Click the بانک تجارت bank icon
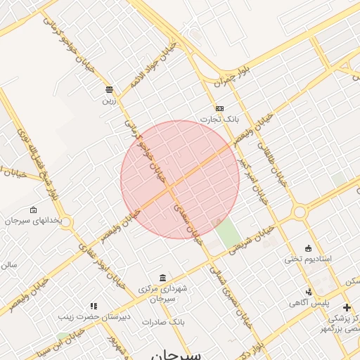pyautogui.click(x=220, y=108)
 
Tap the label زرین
pyautogui.click(x=109, y=100)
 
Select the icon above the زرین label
pyautogui.click(x=109, y=89)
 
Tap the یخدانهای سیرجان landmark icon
pyautogui.click(x=33, y=210)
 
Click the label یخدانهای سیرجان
pyautogui.click(x=33, y=221)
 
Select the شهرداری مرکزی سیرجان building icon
pyautogui.click(x=163, y=278)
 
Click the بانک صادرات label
pyautogui.click(x=162, y=321)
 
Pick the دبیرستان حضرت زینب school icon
pyautogui.click(x=94, y=306)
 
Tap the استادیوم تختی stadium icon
pyautogui.click(x=308, y=247)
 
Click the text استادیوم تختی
pyautogui.click(x=308, y=259)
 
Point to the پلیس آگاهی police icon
pyautogui.click(x=308, y=292)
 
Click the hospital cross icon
pyautogui.click(x=347, y=307)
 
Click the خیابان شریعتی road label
pyautogui.click(x=256, y=239)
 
